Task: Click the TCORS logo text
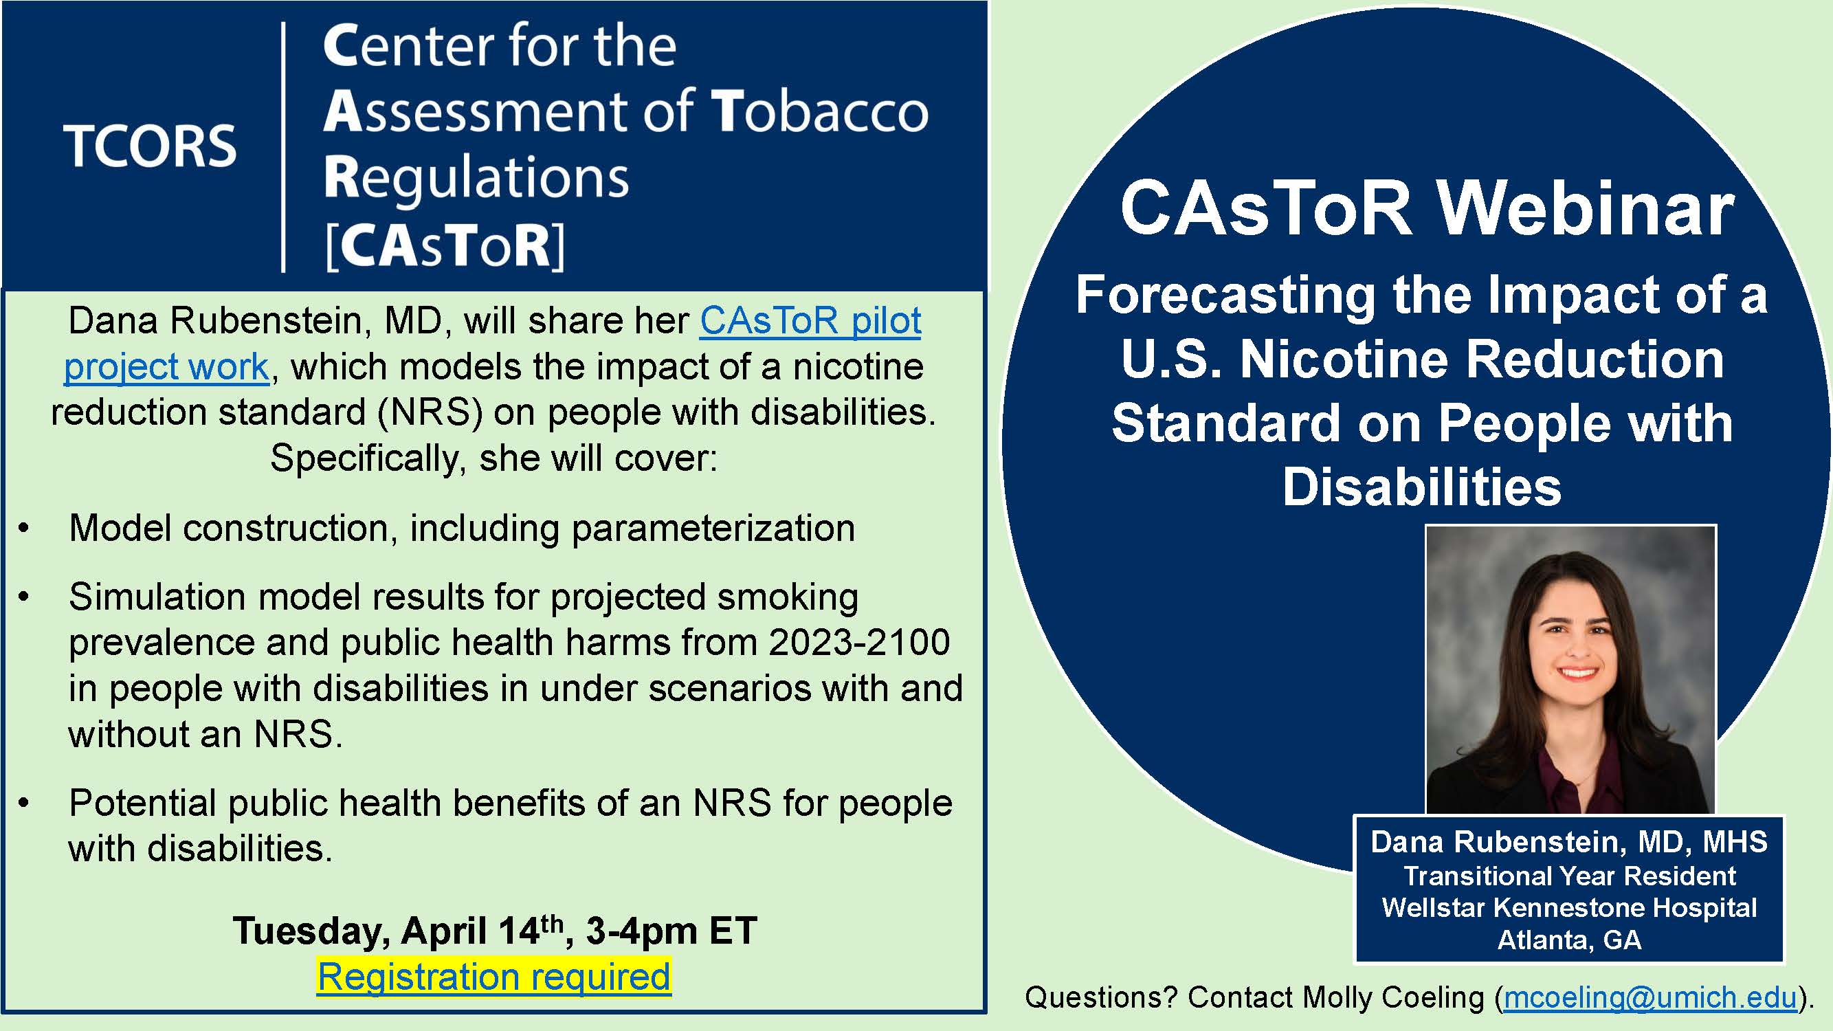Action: click(x=150, y=146)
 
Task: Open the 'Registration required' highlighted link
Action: click(x=494, y=976)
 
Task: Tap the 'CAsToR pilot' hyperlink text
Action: click(x=810, y=321)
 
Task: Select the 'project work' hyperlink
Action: click(x=166, y=367)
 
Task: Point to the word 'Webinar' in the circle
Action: click(x=1586, y=209)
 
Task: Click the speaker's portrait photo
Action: click(x=1570, y=669)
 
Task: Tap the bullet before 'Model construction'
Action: click(x=24, y=529)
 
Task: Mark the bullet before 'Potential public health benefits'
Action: click(x=24, y=803)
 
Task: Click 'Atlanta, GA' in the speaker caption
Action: click(x=1570, y=940)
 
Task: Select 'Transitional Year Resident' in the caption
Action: click(x=1570, y=876)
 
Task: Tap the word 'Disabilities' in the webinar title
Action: click(x=1422, y=487)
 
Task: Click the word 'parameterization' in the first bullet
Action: click(x=713, y=529)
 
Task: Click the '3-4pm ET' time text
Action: click(x=671, y=931)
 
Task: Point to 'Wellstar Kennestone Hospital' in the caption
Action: click(x=1570, y=908)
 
